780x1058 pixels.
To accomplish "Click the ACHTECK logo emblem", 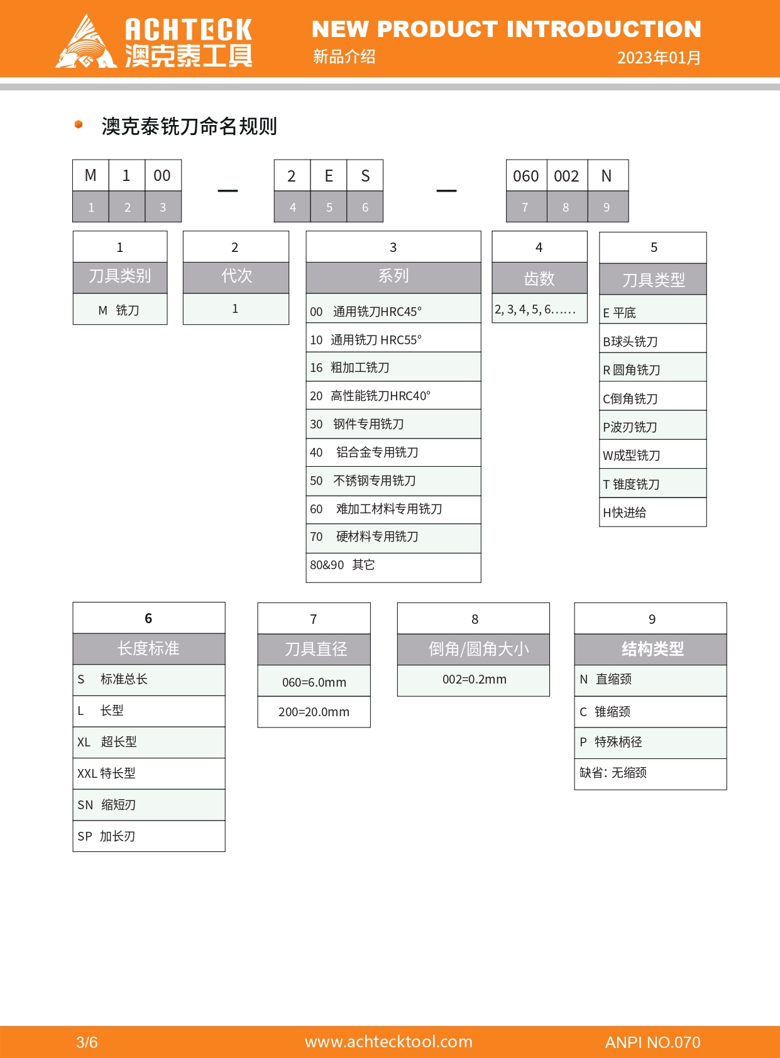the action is pos(87,41).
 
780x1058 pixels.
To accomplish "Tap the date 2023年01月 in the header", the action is pos(659,58).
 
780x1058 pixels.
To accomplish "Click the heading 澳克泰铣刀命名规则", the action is pos(189,126).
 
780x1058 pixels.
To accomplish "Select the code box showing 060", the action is pos(526,176).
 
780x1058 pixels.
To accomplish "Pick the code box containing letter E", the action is pos(329,176).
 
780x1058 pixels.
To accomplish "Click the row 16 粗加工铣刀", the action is pos(393,367).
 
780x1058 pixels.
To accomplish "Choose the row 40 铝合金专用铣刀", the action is pos(393,452).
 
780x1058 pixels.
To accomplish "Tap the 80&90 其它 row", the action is pos(393,565).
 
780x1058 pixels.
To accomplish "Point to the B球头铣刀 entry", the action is pos(653,341).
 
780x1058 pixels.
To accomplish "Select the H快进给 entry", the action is pos(653,512).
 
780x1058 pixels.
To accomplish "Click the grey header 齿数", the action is pos(539,278).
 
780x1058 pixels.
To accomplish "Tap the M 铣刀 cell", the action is pos(120,309).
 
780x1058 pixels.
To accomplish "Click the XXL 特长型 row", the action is pos(149,773).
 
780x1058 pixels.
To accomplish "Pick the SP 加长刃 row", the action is pos(149,836).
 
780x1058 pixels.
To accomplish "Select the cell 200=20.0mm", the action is pos(314,712).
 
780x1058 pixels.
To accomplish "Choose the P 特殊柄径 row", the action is pos(651,743).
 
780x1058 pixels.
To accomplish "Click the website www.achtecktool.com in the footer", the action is pos(388,1042).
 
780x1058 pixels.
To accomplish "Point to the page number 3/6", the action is pos(87,1042).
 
